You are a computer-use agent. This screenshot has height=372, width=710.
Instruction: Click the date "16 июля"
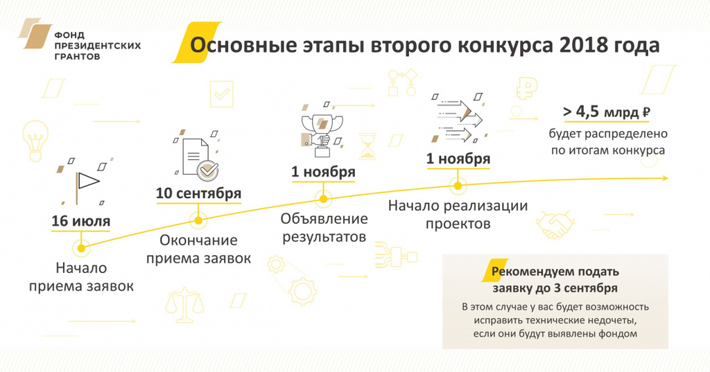coord(80,221)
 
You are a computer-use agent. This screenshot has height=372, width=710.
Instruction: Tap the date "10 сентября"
coord(198,193)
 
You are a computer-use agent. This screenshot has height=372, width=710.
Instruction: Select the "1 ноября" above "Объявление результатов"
coord(323,172)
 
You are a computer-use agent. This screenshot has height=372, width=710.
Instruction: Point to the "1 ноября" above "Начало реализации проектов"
coord(458,159)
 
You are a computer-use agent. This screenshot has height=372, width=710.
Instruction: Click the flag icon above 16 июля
coord(86,184)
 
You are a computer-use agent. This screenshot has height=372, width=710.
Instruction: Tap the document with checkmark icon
coord(198,157)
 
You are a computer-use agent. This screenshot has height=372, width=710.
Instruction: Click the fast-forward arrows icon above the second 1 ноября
coord(458,118)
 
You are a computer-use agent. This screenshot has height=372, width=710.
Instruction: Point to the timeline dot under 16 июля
coord(81,248)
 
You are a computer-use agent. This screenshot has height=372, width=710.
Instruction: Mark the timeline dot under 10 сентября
coord(198,221)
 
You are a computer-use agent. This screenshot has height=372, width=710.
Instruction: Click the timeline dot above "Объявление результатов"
coord(323,199)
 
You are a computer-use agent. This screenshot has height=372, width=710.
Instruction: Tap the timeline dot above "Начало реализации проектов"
coord(458,186)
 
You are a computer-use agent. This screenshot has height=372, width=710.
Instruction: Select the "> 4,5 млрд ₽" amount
coord(606,112)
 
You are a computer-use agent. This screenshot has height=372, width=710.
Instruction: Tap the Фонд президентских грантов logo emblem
coord(35,33)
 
